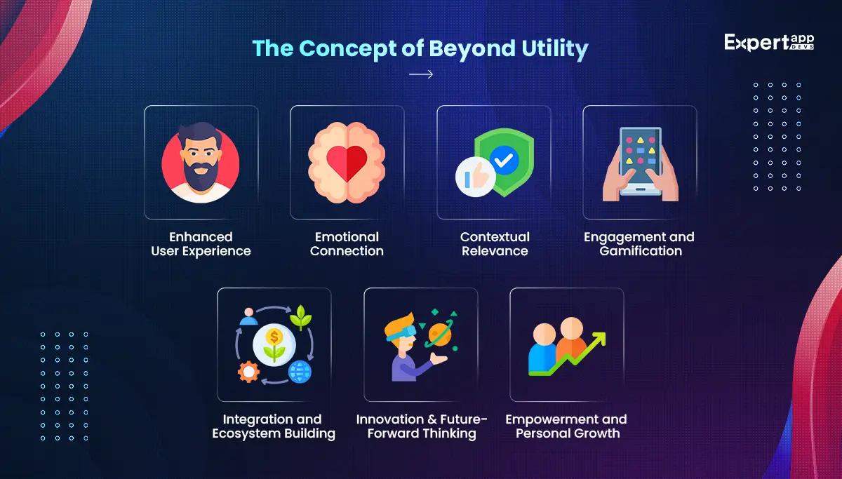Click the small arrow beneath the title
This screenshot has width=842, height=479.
point(420,74)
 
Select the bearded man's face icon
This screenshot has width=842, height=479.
point(201,161)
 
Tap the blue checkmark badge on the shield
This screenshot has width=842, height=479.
point(503,161)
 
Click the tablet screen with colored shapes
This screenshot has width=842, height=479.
point(640,155)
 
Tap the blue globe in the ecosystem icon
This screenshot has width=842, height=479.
point(300,371)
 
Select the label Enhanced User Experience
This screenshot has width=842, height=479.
point(201,244)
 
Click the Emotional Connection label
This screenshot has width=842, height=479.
point(347,244)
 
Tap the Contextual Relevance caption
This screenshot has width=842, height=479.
point(495,244)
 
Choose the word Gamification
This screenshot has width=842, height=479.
point(641,251)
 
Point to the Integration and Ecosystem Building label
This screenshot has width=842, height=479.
point(274,426)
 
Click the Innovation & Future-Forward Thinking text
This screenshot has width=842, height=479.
point(421,426)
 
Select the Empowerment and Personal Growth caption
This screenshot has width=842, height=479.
point(567,426)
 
